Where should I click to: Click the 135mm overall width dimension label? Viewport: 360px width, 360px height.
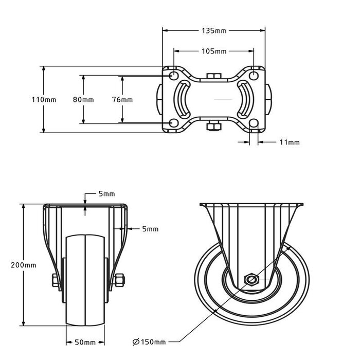click(213, 31)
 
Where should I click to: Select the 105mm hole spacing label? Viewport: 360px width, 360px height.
click(213, 51)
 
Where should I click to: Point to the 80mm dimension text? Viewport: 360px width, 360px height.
click(83, 99)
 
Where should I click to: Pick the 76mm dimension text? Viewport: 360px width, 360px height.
click(122, 99)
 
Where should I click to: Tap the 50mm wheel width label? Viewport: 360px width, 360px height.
click(85, 341)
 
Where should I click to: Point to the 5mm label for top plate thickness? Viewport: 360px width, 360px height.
click(106, 194)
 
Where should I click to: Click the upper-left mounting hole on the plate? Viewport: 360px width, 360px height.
click(174, 76)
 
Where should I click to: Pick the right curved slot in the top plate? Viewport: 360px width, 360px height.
click(245, 99)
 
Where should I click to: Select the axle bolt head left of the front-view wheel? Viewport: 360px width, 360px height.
click(55, 280)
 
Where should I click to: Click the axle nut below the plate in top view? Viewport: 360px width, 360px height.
click(213, 125)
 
